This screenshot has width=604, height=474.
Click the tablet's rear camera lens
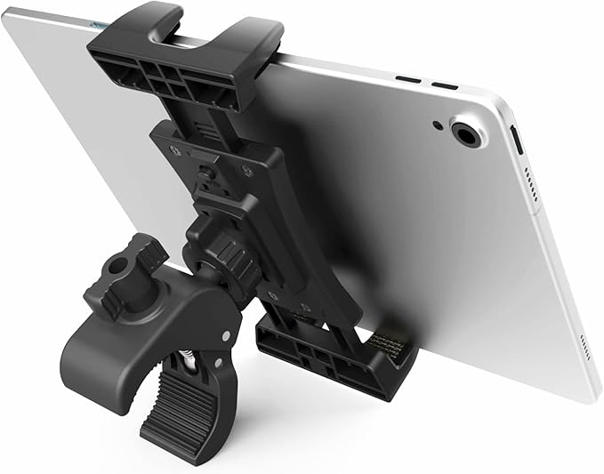point(467,134)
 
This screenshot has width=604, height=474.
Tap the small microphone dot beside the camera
point(438,124)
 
